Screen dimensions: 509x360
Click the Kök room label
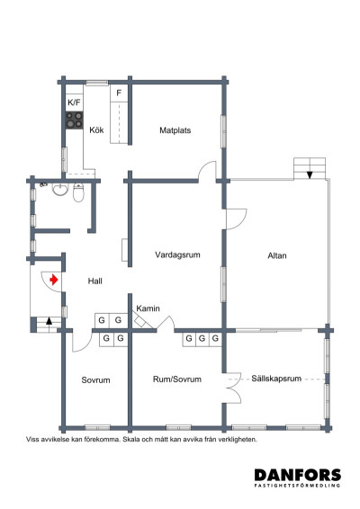pos(96,129)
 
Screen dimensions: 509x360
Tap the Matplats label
pos(175,129)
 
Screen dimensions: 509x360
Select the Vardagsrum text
pos(176,255)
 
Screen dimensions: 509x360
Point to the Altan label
pos(277,257)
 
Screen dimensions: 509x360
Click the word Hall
pos(94,281)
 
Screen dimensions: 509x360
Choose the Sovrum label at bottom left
pos(95,380)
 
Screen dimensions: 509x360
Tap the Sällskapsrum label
pos(276,380)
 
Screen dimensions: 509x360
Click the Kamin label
pos(148,309)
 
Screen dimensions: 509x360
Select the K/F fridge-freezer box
pos(74,103)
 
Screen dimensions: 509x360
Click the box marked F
pos(119,92)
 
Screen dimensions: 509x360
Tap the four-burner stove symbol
pos(74,121)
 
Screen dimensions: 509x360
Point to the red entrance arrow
pos(55,280)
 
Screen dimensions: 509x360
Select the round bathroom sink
pos(59,189)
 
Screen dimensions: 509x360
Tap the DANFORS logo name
pos(296,475)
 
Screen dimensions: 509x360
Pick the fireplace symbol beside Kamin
pos(140,321)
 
